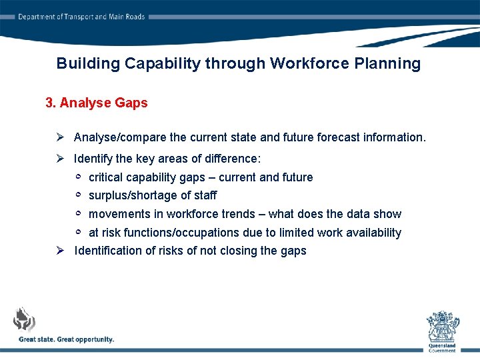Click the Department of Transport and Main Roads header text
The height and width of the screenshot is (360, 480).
(81, 17)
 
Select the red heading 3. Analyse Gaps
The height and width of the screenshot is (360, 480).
(97, 103)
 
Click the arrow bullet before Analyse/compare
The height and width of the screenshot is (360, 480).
(60, 137)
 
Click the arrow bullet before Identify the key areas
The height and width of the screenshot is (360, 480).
(60, 159)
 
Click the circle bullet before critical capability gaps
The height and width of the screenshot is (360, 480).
(78, 177)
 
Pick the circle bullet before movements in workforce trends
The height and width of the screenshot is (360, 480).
(78, 213)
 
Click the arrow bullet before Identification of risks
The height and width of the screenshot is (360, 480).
(60, 251)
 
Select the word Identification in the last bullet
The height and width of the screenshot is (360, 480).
(107, 251)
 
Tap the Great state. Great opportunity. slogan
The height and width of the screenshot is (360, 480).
(67, 339)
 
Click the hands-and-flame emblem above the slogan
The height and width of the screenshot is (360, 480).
(25, 319)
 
